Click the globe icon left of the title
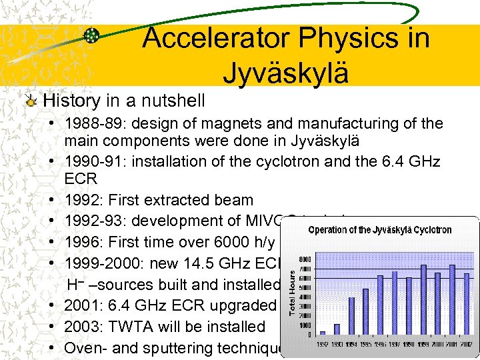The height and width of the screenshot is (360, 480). click(x=91, y=36)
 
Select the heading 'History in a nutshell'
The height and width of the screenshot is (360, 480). click(x=124, y=101)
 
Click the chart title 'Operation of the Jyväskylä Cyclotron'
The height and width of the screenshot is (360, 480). click(x=380, y=230)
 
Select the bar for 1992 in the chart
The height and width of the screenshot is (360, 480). click(x=323, y=332)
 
